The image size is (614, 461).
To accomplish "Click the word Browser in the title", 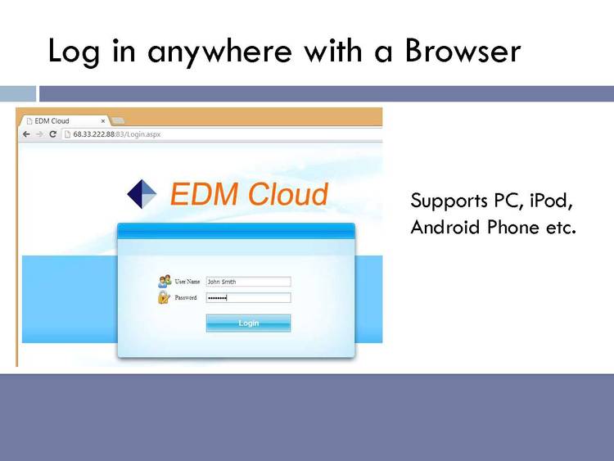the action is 463,51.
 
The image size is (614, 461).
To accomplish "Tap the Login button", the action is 248,323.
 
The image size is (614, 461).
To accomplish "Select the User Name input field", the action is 248,282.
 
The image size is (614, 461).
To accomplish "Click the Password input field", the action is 248,298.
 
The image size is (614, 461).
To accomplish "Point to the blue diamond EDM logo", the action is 142,194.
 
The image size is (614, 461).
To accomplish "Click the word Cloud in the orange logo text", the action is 288,194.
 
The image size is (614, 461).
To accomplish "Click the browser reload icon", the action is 53,134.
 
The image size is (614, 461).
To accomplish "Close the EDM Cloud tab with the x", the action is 103,121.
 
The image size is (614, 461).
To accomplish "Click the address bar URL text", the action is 117,134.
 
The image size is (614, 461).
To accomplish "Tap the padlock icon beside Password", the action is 164,298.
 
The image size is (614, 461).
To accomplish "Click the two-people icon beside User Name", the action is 165,281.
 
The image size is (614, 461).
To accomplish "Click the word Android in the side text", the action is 445,227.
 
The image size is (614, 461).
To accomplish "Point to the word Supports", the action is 449,201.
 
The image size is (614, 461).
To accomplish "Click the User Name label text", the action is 187,281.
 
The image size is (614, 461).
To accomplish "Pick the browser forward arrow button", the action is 39,134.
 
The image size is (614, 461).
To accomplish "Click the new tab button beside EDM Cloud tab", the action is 118,120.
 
